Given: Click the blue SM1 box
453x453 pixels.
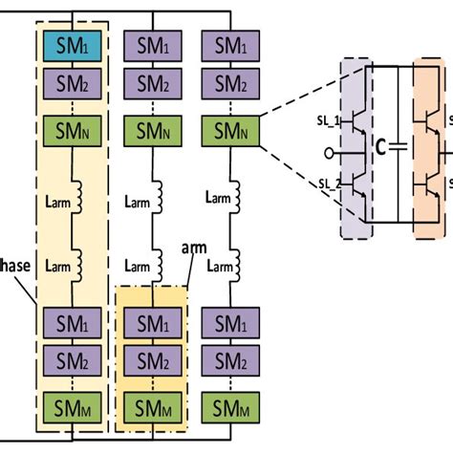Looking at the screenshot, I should [73, 44].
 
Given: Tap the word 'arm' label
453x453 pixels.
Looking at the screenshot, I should [194, 248].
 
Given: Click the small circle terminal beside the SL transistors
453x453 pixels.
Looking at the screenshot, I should [330, 150].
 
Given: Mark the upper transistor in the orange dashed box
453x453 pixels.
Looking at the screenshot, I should [432, 116].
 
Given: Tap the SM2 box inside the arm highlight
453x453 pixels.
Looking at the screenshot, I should [152, 361].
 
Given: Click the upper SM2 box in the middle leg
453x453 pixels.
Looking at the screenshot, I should [152, 82].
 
